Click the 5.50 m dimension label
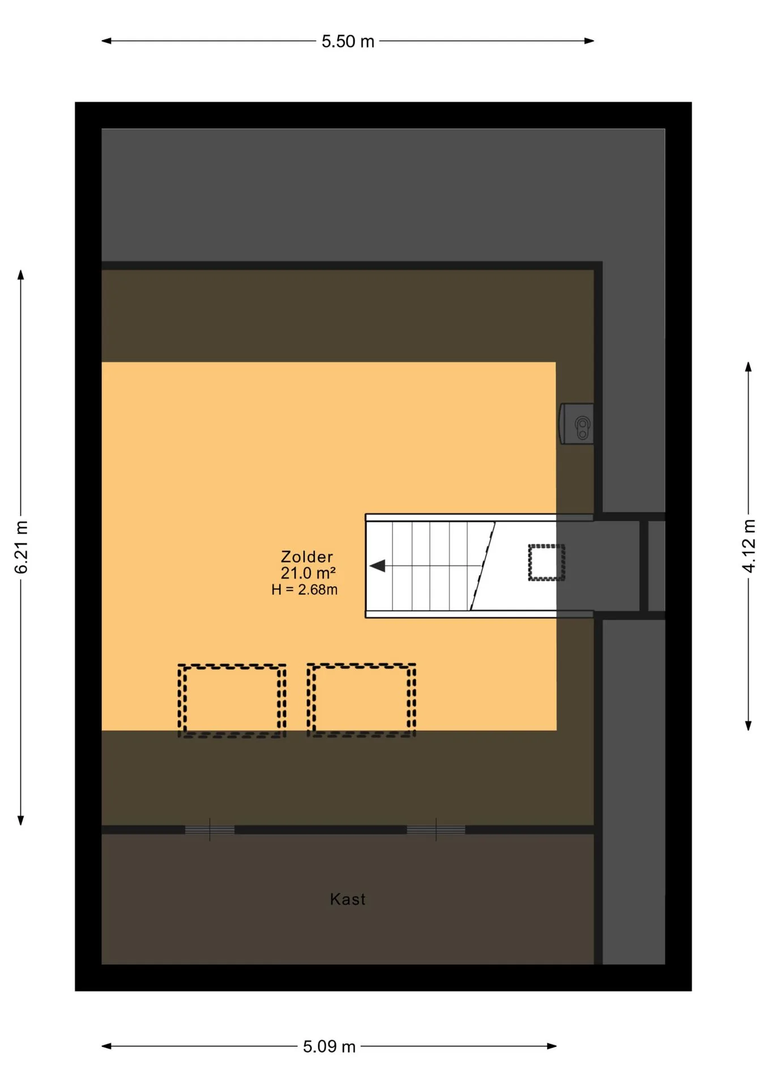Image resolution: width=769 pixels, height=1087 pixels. pos(348,41)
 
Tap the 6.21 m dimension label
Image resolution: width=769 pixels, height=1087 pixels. pos(21,547)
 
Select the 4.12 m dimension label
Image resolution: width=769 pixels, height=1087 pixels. pos(749,546)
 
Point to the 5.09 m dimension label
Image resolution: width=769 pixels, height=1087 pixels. pos(329,1046)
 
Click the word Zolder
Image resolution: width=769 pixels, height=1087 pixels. pos(307,557)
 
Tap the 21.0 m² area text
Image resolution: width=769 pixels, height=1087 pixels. pos(308,573)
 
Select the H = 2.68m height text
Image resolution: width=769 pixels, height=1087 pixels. pos(305,589)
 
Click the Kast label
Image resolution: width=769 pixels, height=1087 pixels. pos(348,899)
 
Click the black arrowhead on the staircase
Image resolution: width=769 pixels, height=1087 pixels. pos(378,566)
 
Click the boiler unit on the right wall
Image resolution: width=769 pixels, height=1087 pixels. pos(576,423)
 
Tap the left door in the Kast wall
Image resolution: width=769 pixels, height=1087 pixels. pos(210,829)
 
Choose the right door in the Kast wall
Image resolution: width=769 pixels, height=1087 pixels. pos(436,829)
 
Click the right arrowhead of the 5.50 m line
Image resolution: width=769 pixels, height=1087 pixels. pos(589,41)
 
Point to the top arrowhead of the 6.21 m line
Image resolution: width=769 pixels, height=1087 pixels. pos(21,275)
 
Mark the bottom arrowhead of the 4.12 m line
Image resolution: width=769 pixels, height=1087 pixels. pos(749,725)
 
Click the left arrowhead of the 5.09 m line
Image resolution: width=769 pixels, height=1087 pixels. pos(106,1046)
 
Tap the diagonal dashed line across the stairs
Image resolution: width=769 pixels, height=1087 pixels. pos(483,566)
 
